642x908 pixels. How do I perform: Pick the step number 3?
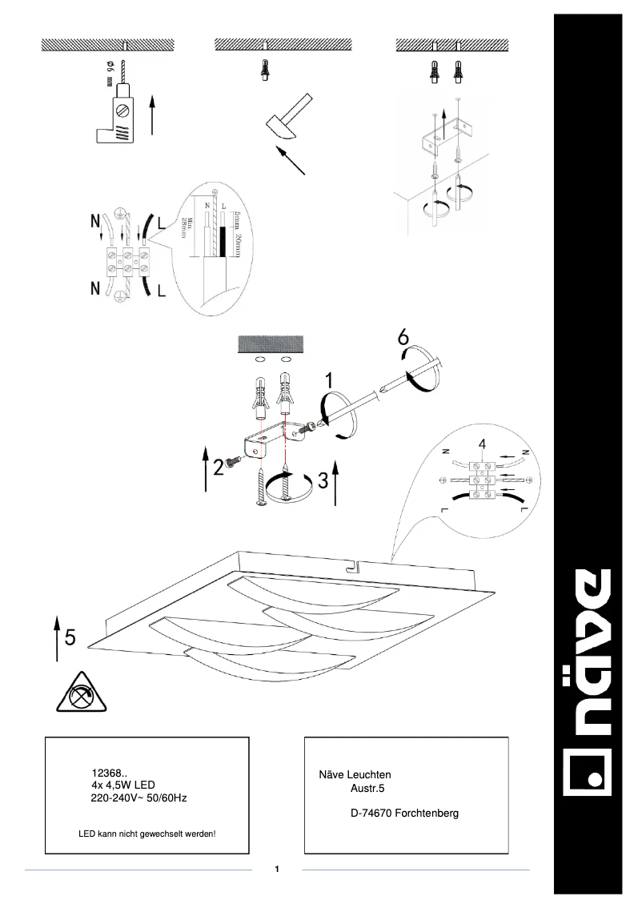click(x=323, y=480)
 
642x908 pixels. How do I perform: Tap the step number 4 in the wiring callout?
click(x=481, y=444)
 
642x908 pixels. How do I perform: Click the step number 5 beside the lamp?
click(x=70, y=637)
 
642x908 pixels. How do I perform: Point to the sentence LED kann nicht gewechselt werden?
click(x=147, y=834)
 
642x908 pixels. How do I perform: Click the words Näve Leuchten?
click(x=355, y=775)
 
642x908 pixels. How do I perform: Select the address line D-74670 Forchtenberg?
click(x=404, y=814)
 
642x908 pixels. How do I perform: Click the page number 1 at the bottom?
click(x=276, y=869)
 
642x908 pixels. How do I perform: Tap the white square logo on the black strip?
click(x=589, y=773)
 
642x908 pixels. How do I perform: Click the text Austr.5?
click(x=368, y=788)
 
